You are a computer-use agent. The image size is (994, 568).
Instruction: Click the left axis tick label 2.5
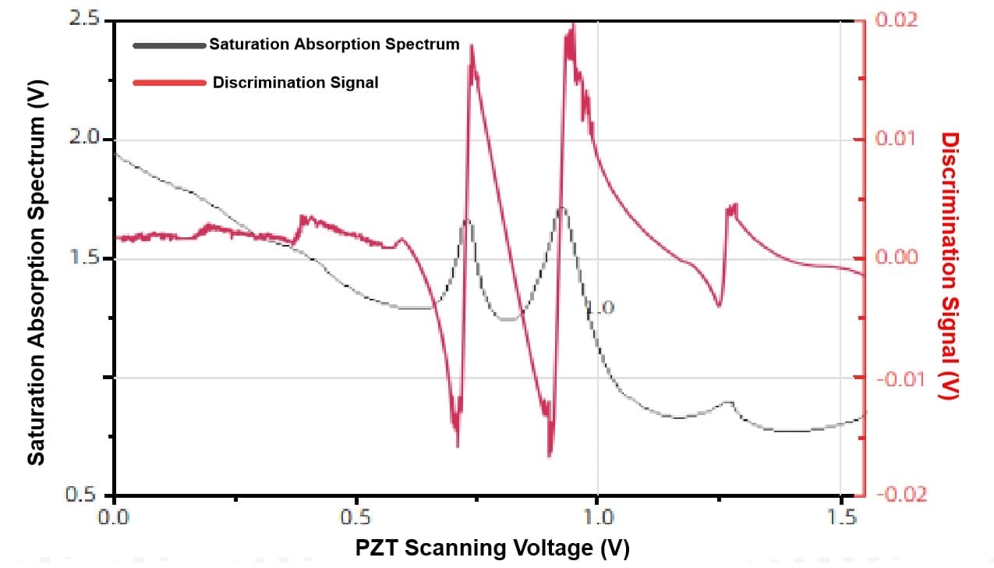click(85, 19)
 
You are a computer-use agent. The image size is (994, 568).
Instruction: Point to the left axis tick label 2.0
click(85, 139)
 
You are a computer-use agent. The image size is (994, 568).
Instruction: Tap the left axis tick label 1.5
click(85, 259)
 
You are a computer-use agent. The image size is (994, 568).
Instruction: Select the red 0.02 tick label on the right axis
click(897, 20)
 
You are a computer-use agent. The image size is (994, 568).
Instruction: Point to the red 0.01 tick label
click(897, 139)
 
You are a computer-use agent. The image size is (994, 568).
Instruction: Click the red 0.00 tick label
click(897, 258)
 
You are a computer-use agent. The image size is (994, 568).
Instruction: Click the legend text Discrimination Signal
click(295, 83)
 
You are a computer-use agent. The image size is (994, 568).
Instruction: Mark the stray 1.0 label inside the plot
click(600, 308)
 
